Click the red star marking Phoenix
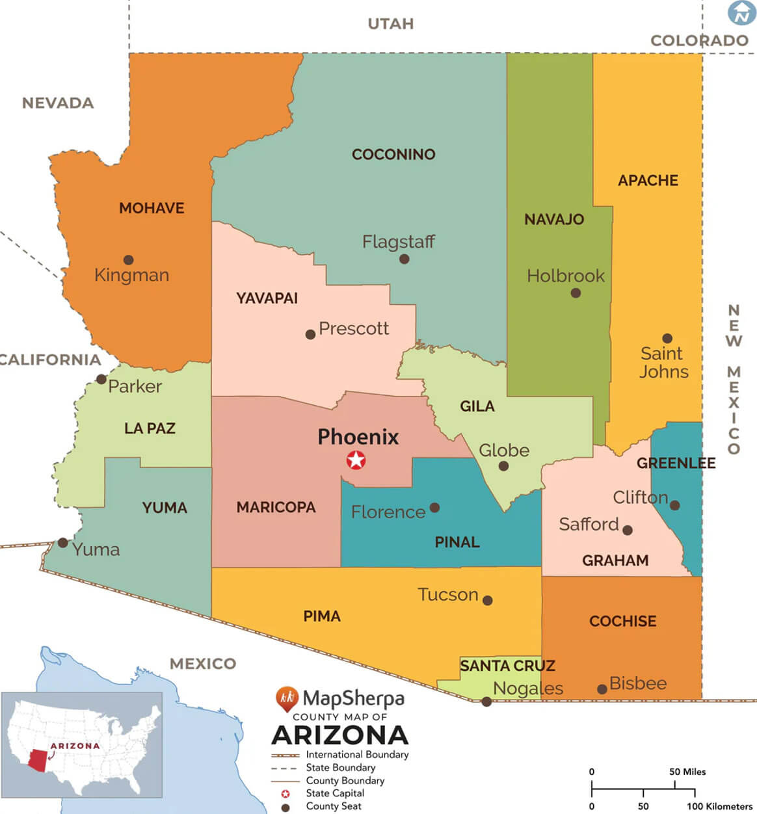[x=356, y=460]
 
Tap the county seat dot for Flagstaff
[x=404, y=259]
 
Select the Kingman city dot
[x=128, y=259]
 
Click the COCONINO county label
[x=393, y=155]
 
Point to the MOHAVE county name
[x=152, y=208]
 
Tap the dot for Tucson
[x=487, y=600]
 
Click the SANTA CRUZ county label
[x=507, y=666]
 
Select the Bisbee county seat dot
[x=602, y=689]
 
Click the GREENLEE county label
[x=676, y=463]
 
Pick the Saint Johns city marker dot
[x=667, y=338]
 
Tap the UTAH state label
[x=390, y=24]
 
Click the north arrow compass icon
[x=741, y=13]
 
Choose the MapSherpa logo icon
[x=286, y=699]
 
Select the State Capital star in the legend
[x=284, y=794]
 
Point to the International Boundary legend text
[x=357, y=755]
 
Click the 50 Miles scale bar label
[x=687, y=772]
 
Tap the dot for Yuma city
[x=62, y=542]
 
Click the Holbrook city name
[x=565, y=276]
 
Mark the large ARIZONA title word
[x=339, y=735]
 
